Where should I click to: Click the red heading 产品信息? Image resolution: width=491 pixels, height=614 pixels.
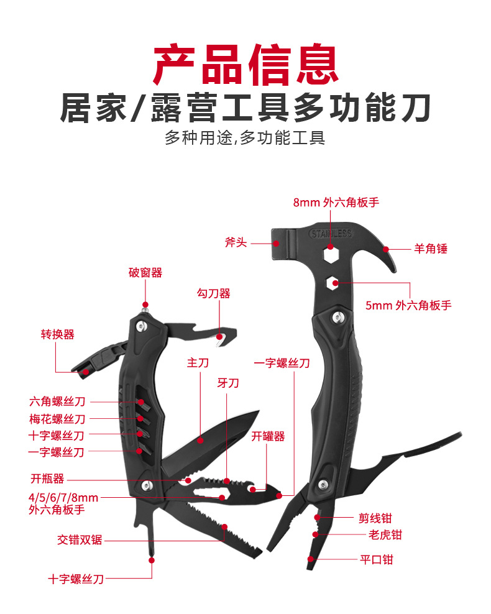(245, 64)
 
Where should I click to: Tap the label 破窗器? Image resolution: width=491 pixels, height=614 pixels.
(145, 272)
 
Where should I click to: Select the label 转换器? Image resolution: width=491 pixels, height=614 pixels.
(57, 334)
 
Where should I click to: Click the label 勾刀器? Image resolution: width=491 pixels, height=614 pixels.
(214, 293)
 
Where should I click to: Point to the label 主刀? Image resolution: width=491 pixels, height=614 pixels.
(198, 363)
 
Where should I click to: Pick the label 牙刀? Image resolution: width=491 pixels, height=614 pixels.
(227, 383)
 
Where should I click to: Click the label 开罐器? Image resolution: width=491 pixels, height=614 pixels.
(268, 436)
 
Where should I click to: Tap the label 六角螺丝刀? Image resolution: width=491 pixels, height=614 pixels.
(57, 401)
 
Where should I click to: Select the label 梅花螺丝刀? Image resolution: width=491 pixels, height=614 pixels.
(57, 419)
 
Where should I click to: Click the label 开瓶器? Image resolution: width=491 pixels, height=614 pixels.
(47, 479)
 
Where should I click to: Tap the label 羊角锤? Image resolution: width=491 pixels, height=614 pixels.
(431, 249)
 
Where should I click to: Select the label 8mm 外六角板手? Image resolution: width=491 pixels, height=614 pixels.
(336, 202)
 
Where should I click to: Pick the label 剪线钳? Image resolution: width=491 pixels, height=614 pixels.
(375, 518)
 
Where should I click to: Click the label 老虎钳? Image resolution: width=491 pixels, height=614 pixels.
(375, 534)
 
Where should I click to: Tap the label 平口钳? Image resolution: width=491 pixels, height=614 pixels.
(375, 559)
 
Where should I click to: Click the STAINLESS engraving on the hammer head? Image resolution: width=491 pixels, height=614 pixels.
(330, 234)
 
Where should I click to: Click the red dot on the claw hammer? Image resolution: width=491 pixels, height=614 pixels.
(386, 249)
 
